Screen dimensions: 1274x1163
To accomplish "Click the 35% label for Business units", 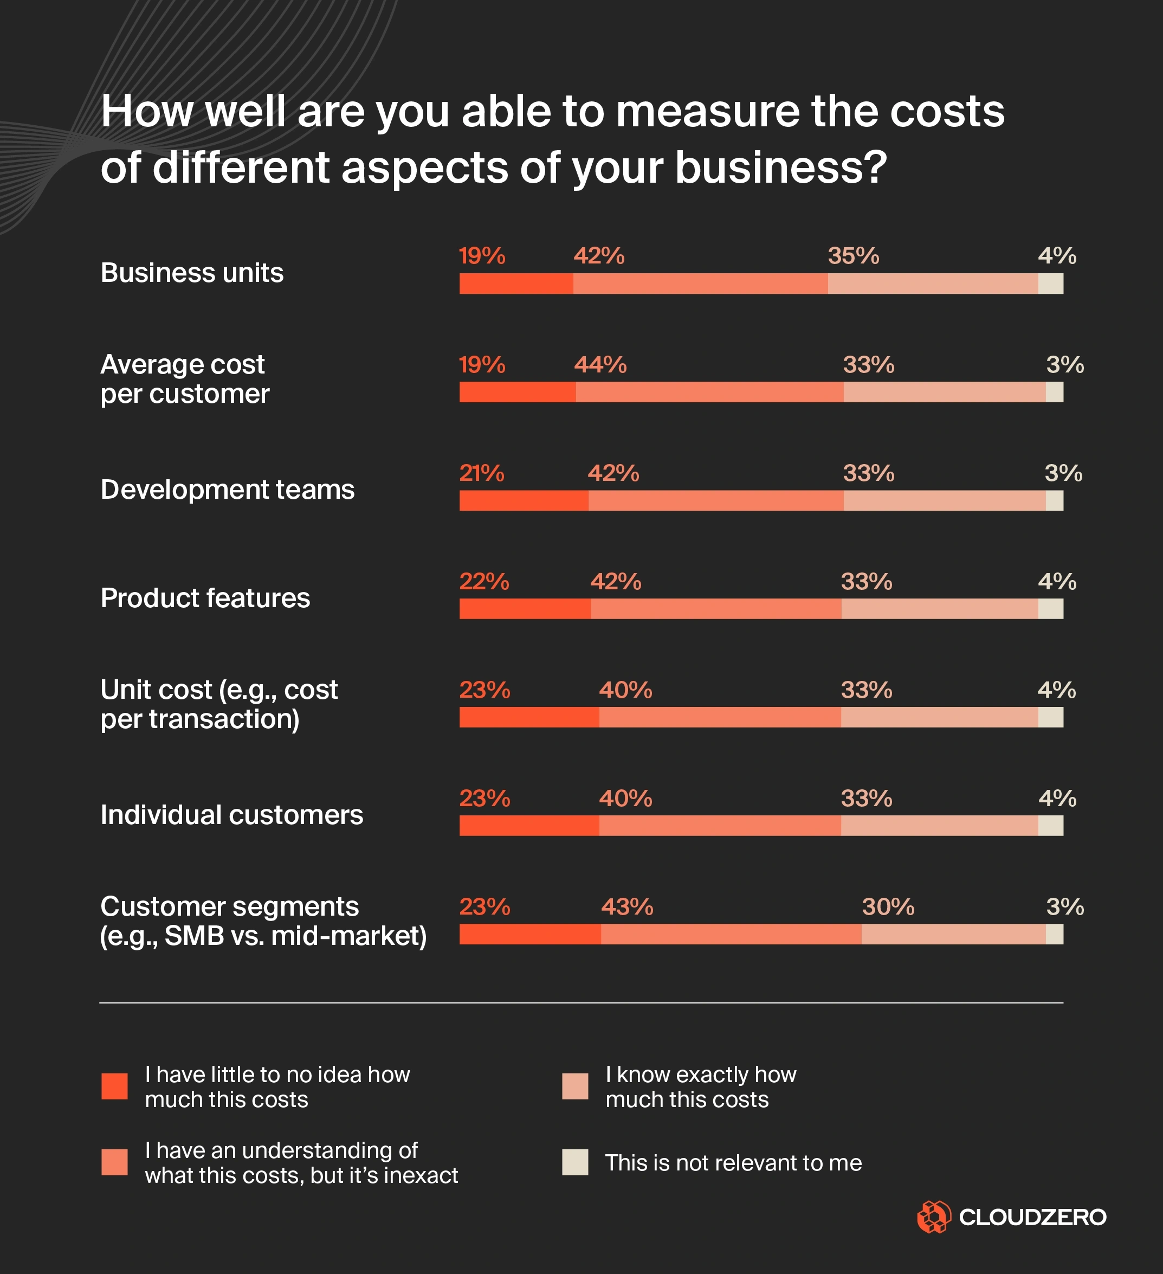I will (x=853, y=256).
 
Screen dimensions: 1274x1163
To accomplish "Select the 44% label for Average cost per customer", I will (x=600, y=365).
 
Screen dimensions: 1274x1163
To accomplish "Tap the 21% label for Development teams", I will (x=481, y=473).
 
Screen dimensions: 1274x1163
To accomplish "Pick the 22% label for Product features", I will (x=484, y=581).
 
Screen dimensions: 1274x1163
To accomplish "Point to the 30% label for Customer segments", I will (x=888, y=907).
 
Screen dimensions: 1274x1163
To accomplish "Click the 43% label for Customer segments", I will (x=626, y=907).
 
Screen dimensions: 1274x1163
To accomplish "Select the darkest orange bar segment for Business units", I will (x=516, y=284).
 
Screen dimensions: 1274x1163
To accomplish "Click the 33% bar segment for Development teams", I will (x=945, y=500).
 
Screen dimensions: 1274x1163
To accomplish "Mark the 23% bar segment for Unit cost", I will (x=529, y=717).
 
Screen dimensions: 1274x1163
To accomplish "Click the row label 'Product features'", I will (x=205, y=598).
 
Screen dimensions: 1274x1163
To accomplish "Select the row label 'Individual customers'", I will (x=232, y=815).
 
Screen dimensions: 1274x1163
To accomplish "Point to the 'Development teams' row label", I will (x=228, y=490).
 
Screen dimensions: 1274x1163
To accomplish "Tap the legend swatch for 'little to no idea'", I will (x=114, y=1086).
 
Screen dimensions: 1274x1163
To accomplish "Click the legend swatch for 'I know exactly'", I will (x=575, y=1086).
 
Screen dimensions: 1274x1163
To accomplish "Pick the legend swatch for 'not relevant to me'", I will (x=575, y=1162).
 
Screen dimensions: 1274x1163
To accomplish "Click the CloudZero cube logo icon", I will (x=934, y=1217).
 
